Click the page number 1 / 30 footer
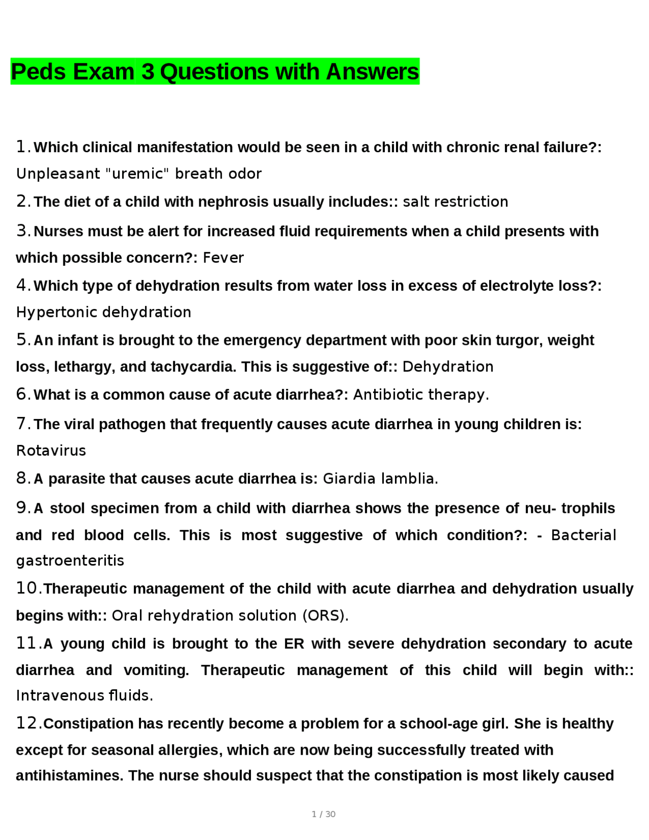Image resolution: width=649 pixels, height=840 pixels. (323, 814)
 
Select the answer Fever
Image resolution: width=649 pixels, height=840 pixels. (223, 258)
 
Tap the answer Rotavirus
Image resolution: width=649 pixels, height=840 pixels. (51, 450)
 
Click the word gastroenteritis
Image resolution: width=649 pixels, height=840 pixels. (70, 561)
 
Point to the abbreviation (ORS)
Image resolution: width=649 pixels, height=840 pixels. (326, 615)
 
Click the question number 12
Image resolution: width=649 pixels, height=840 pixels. (27, 723)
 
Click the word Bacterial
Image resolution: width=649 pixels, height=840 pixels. (583, 535)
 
